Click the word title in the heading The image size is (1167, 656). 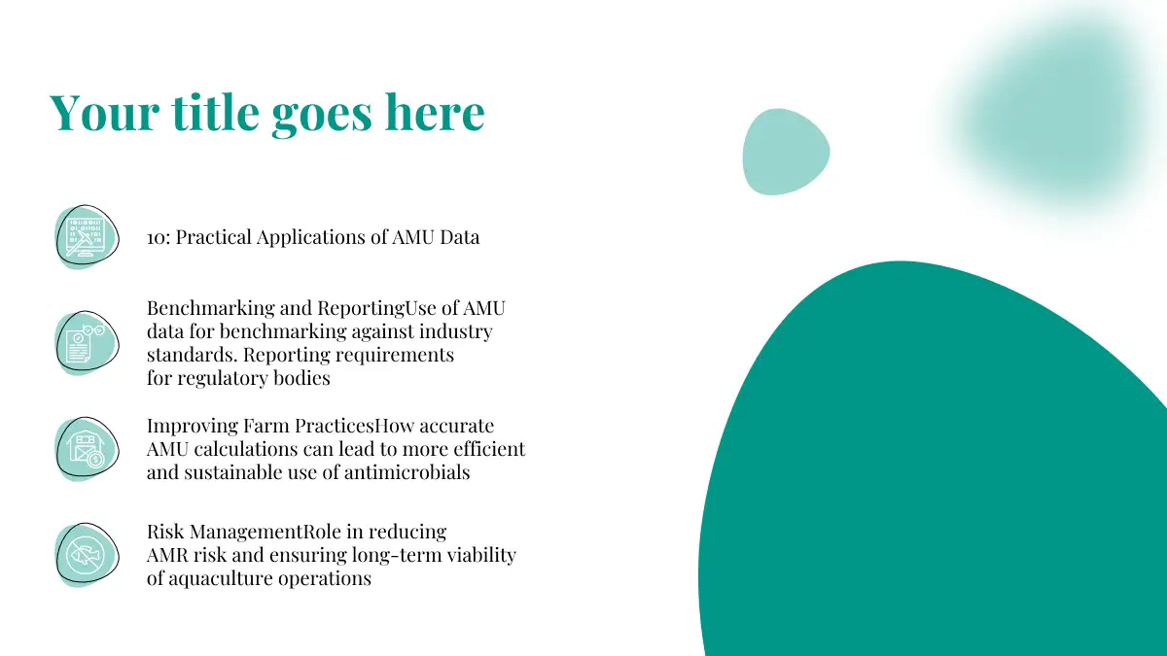click(x=215, y=112)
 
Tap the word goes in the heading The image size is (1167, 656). click(x=322, y=115)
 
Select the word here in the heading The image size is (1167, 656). click(x=435, y=112)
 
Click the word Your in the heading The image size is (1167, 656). click(x=104, y=112)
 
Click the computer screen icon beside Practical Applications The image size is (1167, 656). click(x=87, y=237)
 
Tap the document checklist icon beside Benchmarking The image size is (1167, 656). click(x=87, y=343)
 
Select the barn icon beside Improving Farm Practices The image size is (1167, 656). click(x=87, y=449)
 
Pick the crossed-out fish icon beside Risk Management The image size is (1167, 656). click(x=87, y=555)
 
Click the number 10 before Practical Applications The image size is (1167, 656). click(x=156, y=238)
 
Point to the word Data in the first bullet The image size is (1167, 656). click(x=459, y=237)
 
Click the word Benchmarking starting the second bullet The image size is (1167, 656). click(x=210, y=309)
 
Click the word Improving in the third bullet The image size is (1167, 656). click(x=193, y=427)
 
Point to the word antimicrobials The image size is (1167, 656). click(x=407, y=472)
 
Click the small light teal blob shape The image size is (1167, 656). click(x=786, y=152)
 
